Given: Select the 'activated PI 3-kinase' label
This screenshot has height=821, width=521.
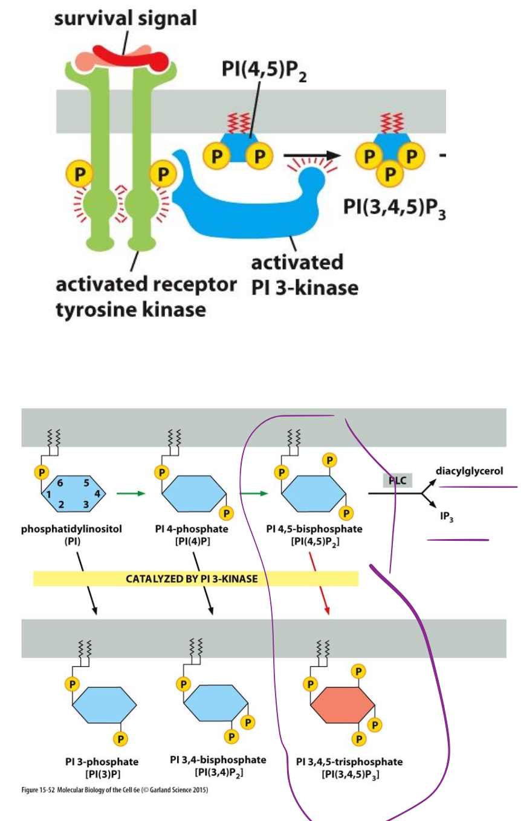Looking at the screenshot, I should (304, 275).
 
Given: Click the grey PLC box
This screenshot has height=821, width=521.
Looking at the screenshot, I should (397, 481).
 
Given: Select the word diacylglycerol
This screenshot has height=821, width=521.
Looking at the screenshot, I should (469, 470).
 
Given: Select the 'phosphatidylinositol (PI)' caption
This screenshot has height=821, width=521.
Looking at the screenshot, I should (72, 535).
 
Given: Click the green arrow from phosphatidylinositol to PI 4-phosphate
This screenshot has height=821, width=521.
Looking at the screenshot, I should (132, 493).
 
